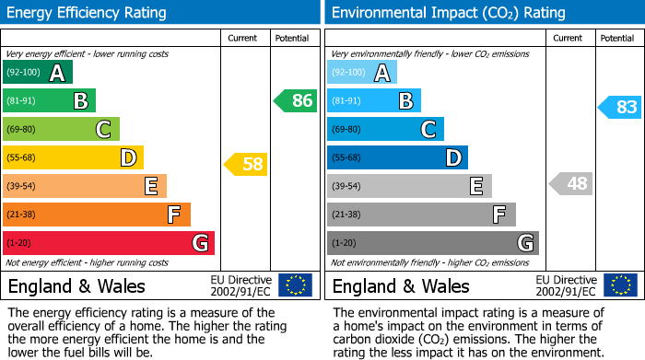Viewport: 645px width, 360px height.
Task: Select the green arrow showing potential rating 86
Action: [296, 101]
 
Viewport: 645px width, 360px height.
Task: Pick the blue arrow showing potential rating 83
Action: [619, 108]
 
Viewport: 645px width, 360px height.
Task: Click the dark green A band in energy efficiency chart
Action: [38, 73]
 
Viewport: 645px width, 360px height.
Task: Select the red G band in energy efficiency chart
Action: [109, 243]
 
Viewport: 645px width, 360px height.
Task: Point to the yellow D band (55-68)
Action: [73, 158]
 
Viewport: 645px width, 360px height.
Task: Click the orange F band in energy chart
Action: [97, 215]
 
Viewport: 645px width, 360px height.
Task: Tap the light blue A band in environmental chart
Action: [362, 73]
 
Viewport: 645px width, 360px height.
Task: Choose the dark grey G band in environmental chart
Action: [432, 243]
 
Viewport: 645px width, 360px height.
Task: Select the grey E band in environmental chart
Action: [409, 186]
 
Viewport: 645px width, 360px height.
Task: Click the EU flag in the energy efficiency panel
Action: [295, 285]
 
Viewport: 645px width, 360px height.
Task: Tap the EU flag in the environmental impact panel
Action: [619, 285]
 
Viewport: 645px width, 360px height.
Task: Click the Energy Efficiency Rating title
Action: [88, 13]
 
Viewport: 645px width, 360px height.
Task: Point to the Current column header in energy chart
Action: [244, 38]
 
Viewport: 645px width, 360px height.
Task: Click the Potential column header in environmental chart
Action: [617, 38]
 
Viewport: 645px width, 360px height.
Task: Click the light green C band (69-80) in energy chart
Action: [61, 130]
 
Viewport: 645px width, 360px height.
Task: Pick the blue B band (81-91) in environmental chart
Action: [374, 101]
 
